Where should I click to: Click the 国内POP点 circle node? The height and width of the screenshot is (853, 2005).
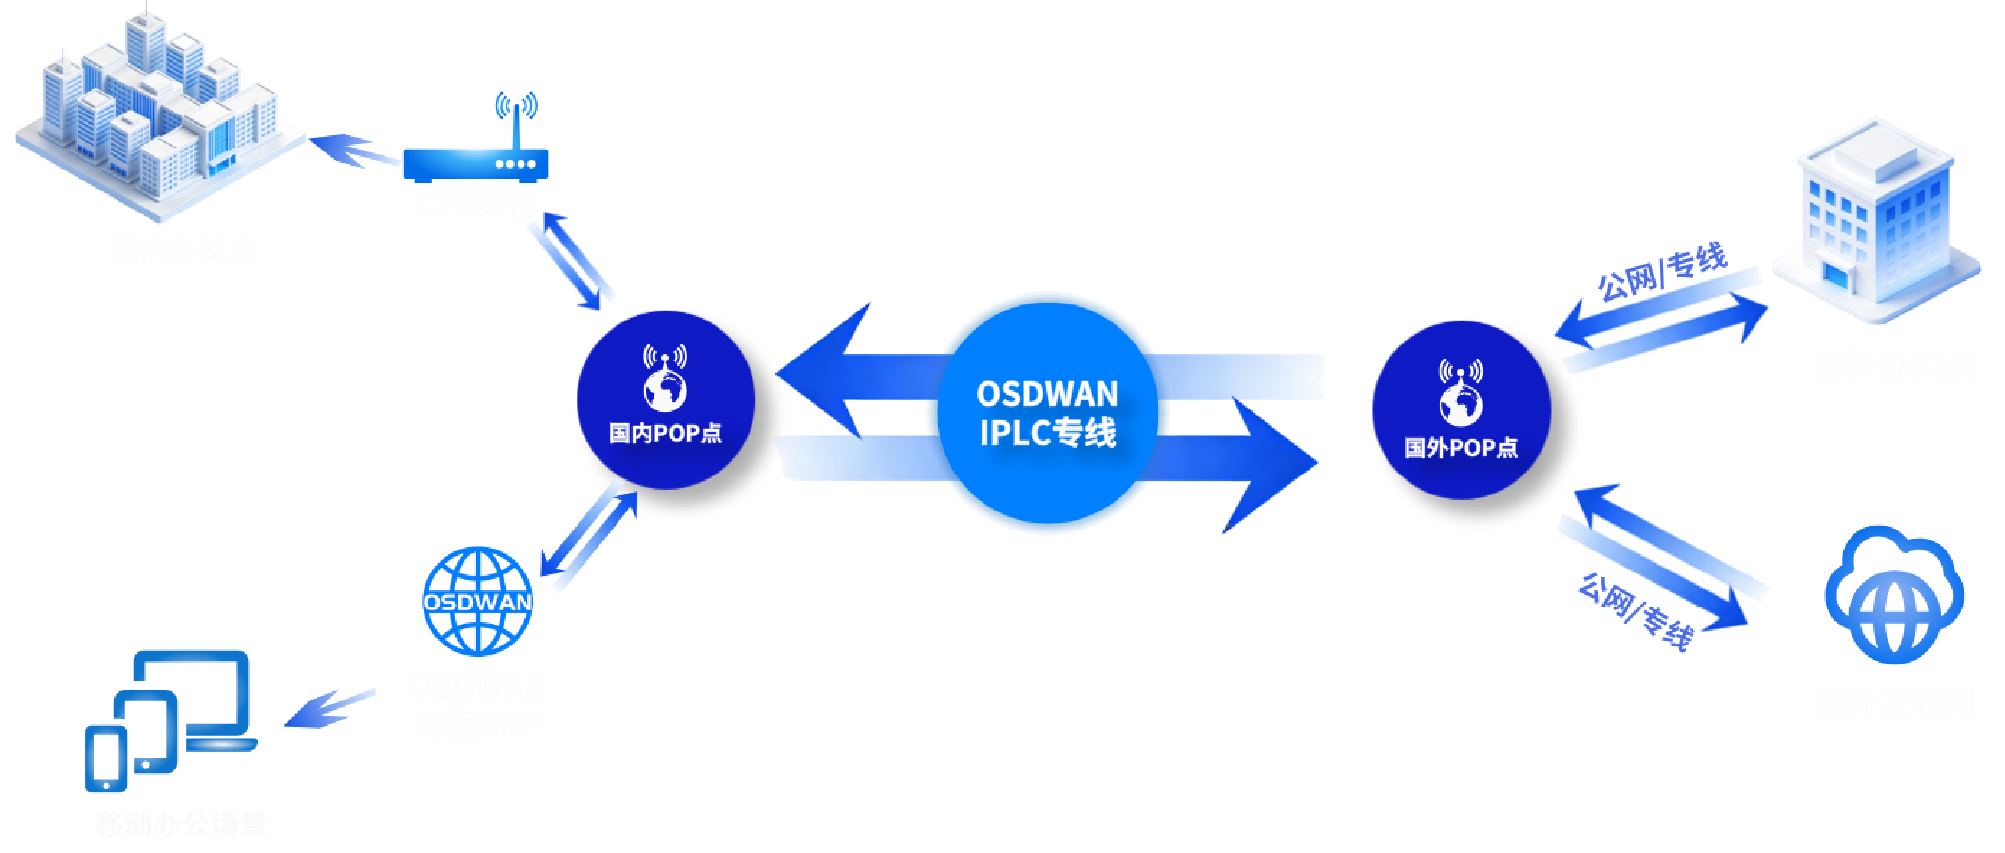coord(665,399)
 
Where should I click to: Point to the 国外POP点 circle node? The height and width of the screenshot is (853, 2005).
coord(1461,409)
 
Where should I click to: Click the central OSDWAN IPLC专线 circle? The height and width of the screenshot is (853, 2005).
coord(1047,413)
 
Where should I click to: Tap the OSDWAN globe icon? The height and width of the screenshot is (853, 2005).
coord(477,600)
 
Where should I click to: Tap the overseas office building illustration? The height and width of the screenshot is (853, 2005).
coord(1876,222)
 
